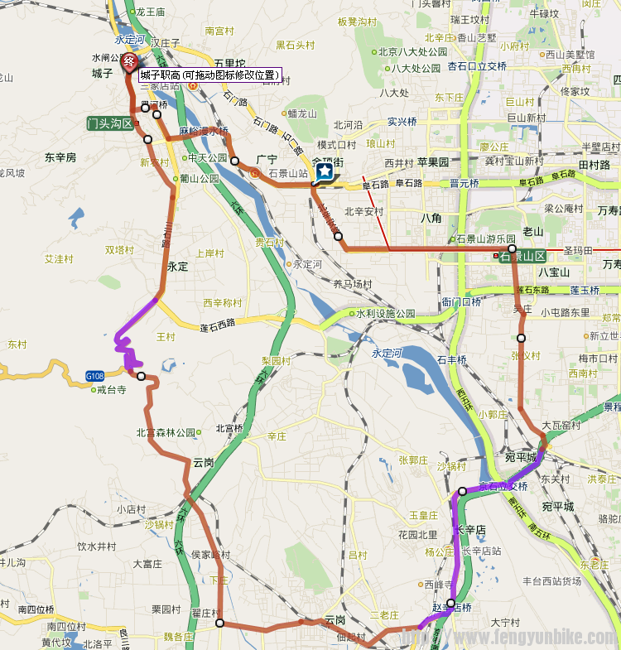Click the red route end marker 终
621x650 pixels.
(129, 61)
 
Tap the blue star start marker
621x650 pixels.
(325, 171)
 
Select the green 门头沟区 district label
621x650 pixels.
(109, 123)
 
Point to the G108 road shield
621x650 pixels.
(95, 377)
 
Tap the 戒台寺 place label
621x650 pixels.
(111, 389)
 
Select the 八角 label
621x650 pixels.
(431, 219)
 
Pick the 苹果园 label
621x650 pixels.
(432, 162)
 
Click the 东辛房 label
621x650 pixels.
(60, 156)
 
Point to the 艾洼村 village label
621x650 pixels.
(59, 258)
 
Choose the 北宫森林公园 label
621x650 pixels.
(166, 432)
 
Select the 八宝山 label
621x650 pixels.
(554, 272)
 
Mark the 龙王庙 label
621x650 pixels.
(151, 12)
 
